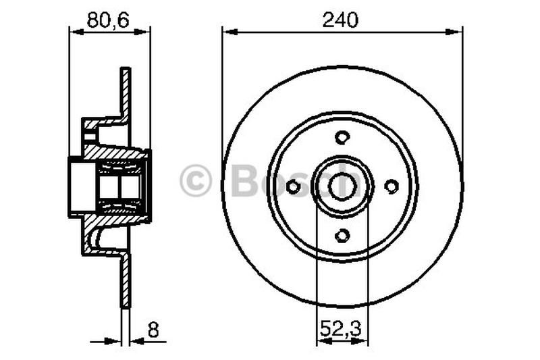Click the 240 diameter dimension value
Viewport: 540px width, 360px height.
coord(342,21)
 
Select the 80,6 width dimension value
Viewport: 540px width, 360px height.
coord(109,21)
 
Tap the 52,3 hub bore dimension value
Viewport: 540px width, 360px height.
coord(342,331)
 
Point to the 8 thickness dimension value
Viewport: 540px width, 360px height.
coord(153,331)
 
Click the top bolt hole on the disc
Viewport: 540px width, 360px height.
coord(342,137)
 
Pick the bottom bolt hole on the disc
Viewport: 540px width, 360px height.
coord(342,235)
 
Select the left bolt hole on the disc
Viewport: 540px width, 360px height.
coord(294,186)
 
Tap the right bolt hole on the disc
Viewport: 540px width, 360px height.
coord(391,186)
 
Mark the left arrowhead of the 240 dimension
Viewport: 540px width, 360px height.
coord(228,30)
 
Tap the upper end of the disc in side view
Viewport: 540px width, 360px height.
coord(125,73)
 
